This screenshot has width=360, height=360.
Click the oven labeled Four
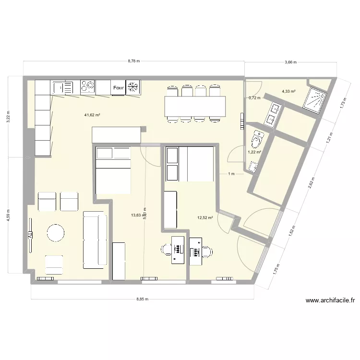click(119, 88)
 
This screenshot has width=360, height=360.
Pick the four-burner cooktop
click(88, 86)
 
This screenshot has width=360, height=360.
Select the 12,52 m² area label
click(204, 217)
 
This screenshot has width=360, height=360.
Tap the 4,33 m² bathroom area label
click(288, 91)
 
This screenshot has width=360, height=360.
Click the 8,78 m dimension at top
click(134, 61)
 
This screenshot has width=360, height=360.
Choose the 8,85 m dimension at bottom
click(143, 299)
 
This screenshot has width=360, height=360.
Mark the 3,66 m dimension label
click(290, 62)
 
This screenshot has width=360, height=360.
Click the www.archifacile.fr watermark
click(330, 301)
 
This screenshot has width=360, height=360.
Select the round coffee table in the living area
click(55, 233)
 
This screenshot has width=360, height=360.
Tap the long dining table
click(194, 106)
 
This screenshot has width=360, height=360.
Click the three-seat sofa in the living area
click(95, 240)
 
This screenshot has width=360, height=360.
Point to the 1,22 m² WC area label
click(254, 152)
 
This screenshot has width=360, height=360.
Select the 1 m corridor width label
click(231, 174)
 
